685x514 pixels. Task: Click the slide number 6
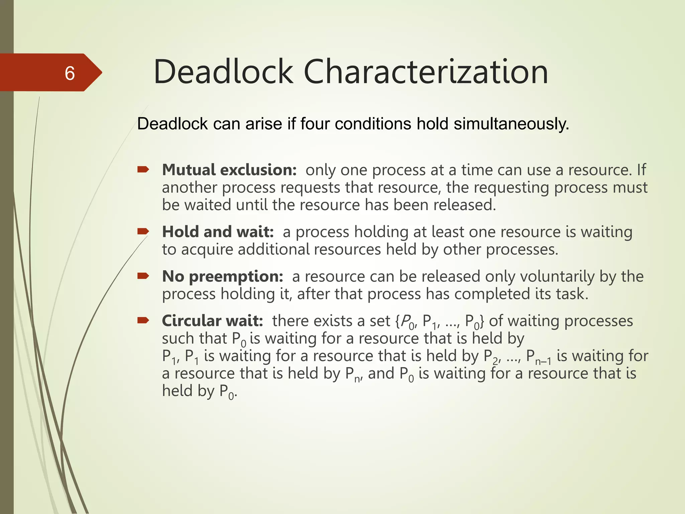[70, 73]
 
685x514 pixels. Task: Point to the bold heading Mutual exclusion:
[229, 170]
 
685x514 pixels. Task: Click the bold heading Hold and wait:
[218, 232]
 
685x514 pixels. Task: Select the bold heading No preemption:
[222, 276]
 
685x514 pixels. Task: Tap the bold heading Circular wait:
[212, 321]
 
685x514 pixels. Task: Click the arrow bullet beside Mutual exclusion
[143, 170]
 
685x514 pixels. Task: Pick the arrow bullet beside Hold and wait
[143, 231]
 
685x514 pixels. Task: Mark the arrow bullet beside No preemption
[143, 276]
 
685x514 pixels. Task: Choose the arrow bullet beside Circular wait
[143, 321]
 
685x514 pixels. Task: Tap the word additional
[274, 250]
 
